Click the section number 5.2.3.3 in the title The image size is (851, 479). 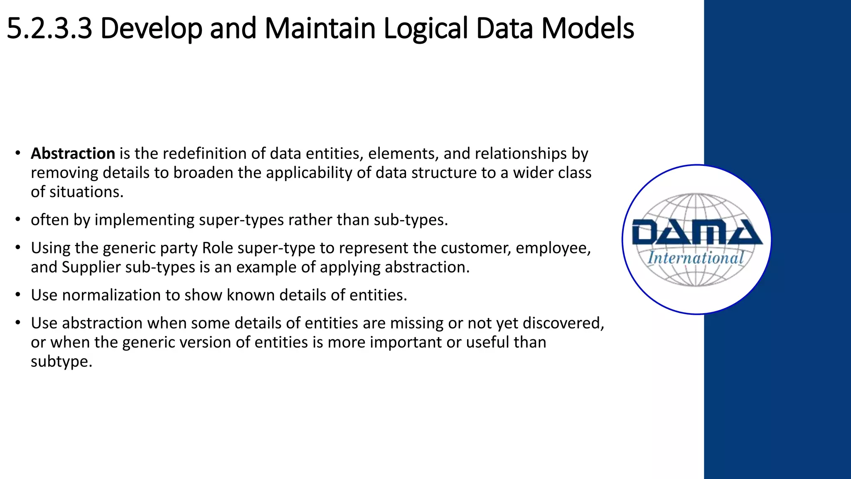(49, 28)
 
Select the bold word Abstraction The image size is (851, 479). (73, 153)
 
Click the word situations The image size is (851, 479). (86, 192)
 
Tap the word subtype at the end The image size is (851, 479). (61, 361)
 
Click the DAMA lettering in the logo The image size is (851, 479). (696, 232)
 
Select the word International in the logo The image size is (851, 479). (696, 258)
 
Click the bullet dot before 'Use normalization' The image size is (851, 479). (17, 295)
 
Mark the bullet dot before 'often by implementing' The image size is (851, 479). (17, 220)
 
